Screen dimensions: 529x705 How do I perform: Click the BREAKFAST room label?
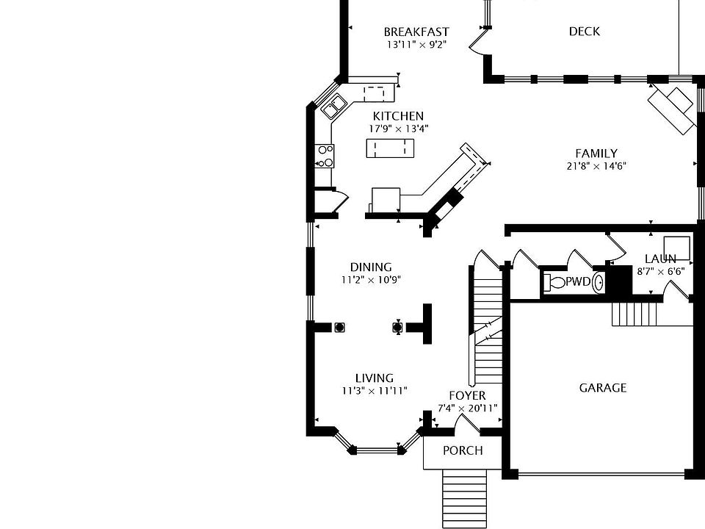click(x=416, y=32)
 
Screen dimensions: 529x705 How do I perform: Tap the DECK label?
click(x=584, y=31)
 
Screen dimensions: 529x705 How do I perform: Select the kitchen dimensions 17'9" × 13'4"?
click(x=398, y=129)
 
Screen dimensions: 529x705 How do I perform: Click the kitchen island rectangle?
click(x=390, y=148)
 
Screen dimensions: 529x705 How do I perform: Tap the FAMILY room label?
click(x=596, y=153)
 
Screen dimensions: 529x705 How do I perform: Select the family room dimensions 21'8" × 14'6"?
click(x=596, y=166)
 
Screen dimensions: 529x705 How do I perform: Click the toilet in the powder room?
click(x=557, y=282)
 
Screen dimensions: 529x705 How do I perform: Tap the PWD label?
click(x=578, y=281)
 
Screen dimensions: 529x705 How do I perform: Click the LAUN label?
click(x=660, y=259)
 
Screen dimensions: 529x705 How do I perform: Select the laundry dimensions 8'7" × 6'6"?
click(x=660, y=271)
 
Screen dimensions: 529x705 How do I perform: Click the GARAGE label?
click(x=602, y=387)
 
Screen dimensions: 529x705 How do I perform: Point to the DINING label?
click(x=371, y=267)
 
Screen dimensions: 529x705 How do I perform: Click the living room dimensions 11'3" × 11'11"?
click(x=374, y=391)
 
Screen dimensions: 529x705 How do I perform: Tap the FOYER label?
click(x=467, y=395)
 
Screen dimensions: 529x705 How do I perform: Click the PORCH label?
click(x=463, y=450)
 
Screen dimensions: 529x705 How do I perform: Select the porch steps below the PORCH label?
click(x=464, y=500)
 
